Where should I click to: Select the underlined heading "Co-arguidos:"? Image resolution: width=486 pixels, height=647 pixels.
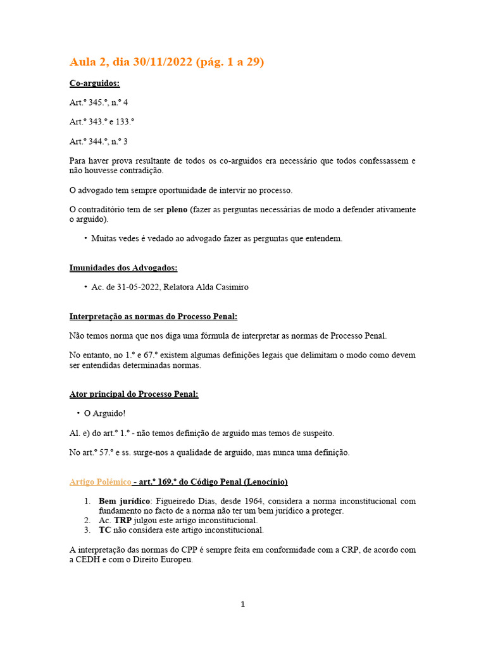[x=94, y=83]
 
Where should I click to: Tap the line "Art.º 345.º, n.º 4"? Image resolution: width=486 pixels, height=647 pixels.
[x=98, y=102]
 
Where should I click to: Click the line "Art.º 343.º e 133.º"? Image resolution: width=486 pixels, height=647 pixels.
[x=102, y=122]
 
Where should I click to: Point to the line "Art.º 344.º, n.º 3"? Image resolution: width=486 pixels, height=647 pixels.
[x=98, y=142]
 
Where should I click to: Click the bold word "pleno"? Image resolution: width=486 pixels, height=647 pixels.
[x=177, y=210]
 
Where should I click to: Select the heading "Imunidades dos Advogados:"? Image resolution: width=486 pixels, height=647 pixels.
[x=123, y=268]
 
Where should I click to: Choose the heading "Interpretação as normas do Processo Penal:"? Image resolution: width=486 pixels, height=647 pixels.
[x=153, y=316]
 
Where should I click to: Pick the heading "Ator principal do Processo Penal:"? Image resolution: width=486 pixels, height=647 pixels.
[x=134, y=394]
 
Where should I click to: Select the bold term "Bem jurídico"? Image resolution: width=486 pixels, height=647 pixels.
[x=123, y=501]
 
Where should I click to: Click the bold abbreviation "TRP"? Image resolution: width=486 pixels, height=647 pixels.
[x=123, y=520]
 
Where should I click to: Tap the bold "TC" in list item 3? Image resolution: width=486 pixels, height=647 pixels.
[x=105, y=530]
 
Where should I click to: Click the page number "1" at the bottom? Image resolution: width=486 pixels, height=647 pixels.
[x=242, y=604]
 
